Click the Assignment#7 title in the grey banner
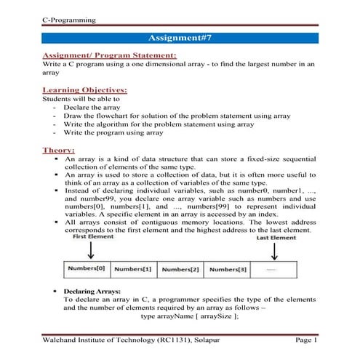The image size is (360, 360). [x=180, y=36]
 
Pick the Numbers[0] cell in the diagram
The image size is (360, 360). [x=87, y=268]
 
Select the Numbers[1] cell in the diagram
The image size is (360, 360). [x=134, y=269]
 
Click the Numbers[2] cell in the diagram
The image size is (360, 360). [x=181, y=269]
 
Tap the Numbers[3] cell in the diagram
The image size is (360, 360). [x=228, y=269]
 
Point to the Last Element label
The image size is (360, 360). [x=275, y=237]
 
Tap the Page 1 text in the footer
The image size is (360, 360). [x=305, y=340]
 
